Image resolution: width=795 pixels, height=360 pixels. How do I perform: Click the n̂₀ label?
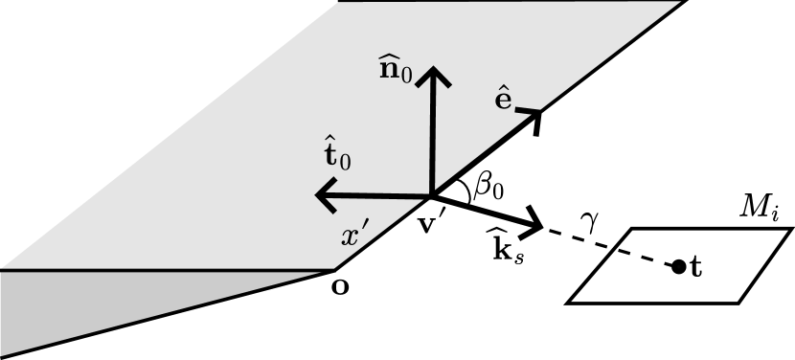pos(396,70)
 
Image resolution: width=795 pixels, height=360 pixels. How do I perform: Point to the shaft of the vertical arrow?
pos(436,134)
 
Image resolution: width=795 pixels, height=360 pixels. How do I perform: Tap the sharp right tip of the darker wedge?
pos(331,271)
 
